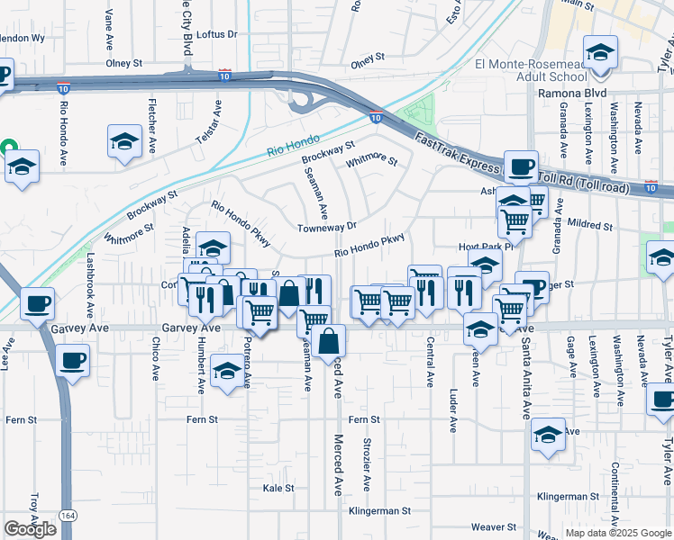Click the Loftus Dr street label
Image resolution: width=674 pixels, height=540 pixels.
(216, 34)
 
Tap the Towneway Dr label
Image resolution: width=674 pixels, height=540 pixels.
(328, 228)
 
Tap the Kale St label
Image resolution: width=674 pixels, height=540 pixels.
(278, 488)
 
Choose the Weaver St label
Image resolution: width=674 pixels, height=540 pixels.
(497, 526)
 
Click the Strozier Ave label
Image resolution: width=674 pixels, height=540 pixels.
(366, 463)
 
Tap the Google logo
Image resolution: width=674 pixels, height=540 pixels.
(30, 529)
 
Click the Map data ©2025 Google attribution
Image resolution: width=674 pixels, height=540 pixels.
(618, 533)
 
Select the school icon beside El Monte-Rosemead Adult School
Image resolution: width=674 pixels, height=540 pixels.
(599, 51)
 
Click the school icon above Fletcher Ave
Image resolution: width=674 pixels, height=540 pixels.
(125, 139)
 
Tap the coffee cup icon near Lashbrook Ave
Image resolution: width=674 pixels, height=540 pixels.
(37, 303)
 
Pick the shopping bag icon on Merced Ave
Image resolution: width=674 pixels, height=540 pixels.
(330, 340)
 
